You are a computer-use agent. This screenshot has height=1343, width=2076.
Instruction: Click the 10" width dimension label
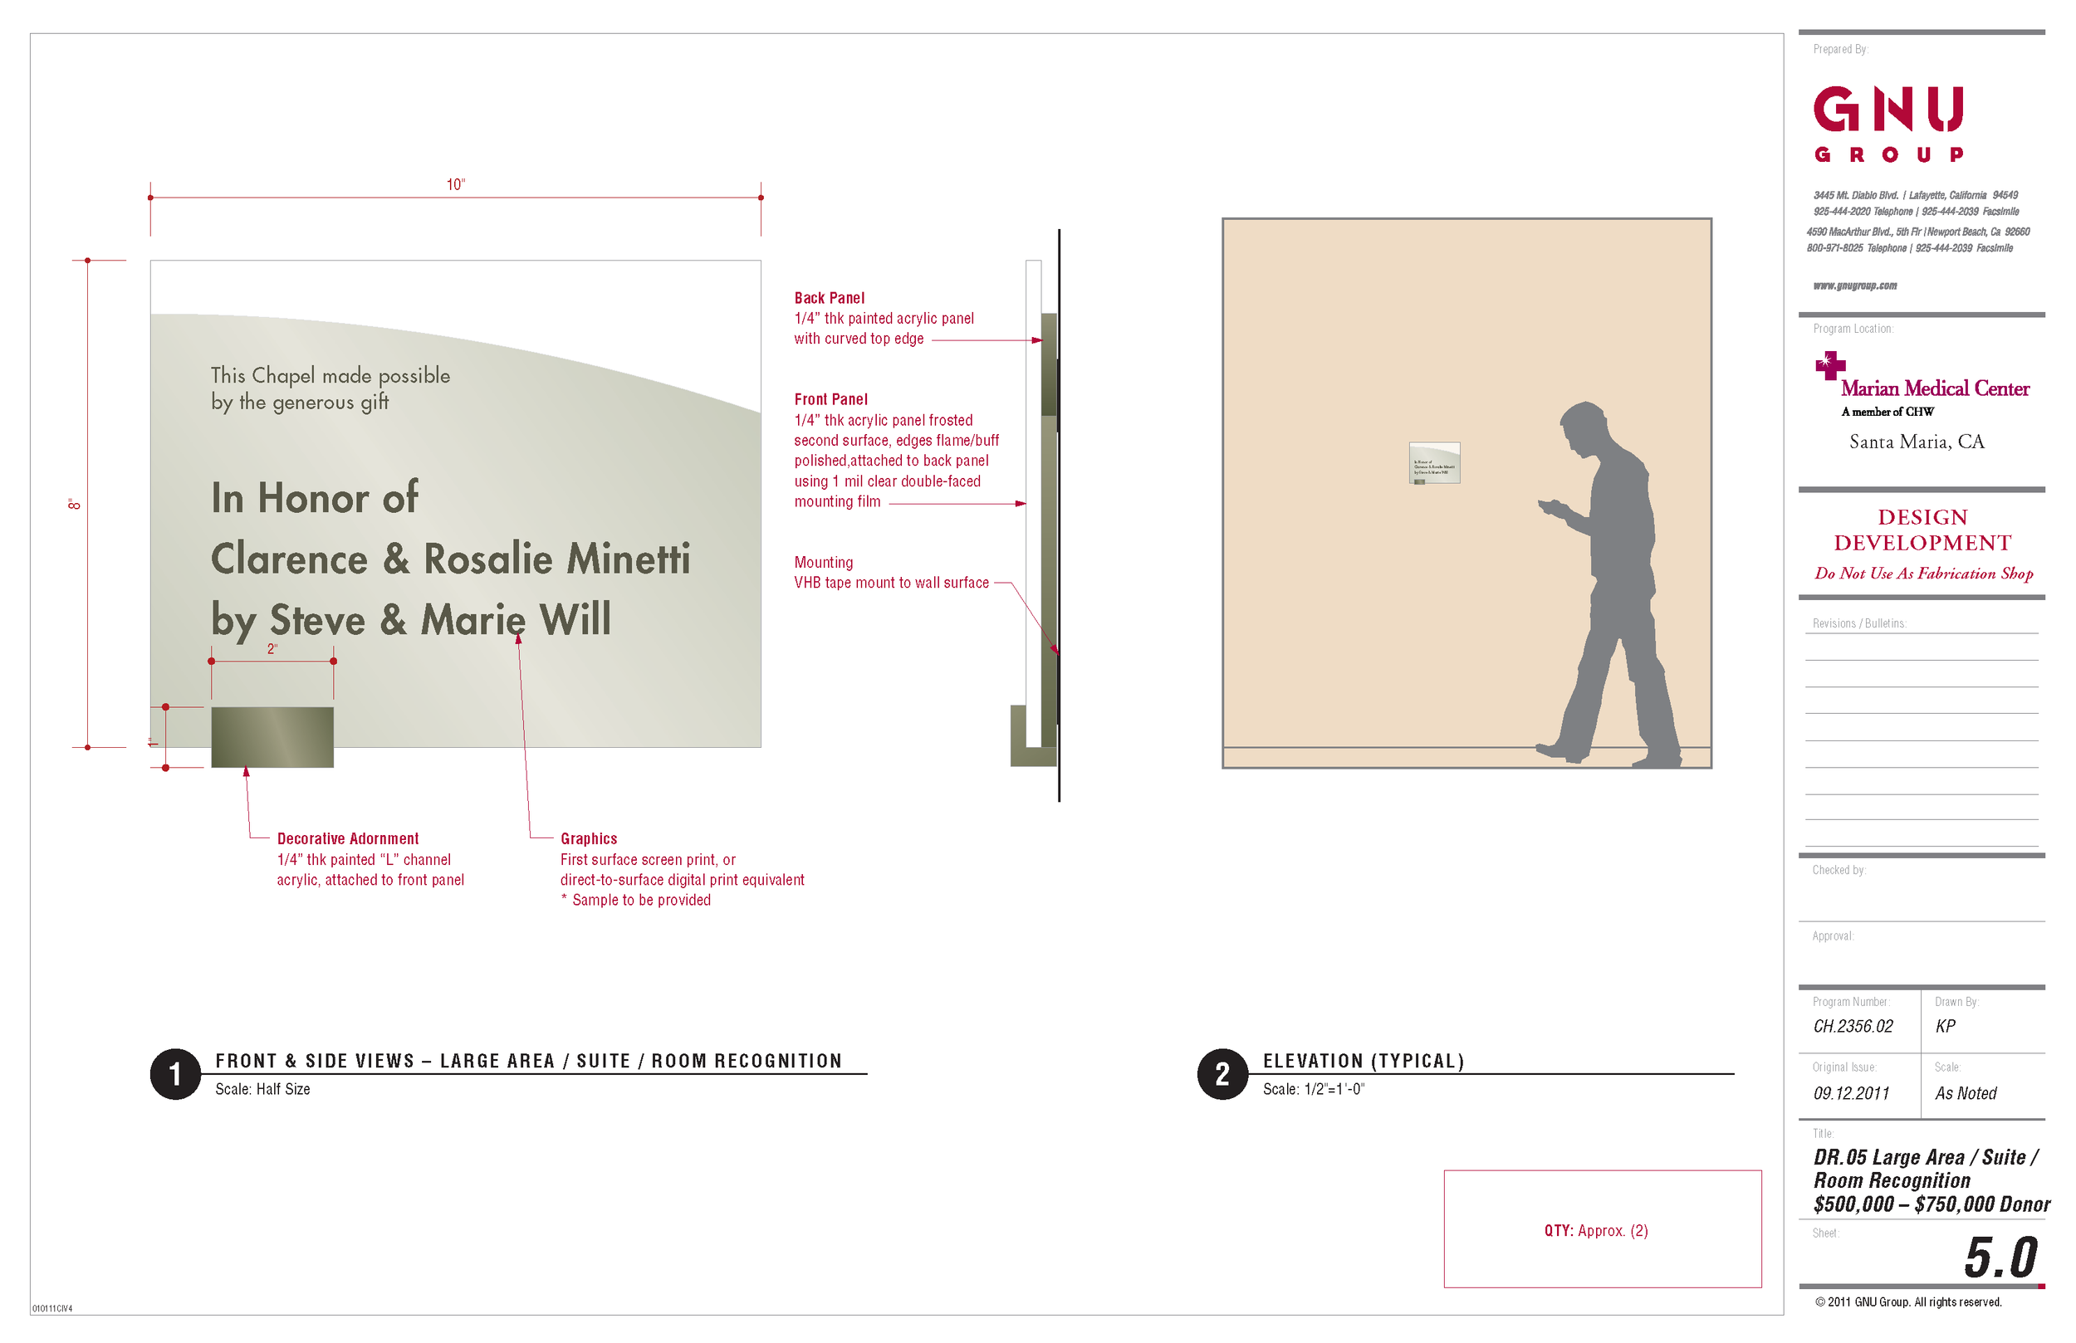pyautogui.click(x=455, y=185)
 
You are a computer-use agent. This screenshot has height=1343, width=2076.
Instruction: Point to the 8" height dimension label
pyautogui.click(x=75, y=504)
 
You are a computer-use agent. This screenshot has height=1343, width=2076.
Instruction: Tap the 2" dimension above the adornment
pyautogui.click(x=272, y=649)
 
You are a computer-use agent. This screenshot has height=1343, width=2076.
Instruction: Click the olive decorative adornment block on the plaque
pyautogui.click(x=272, y=737)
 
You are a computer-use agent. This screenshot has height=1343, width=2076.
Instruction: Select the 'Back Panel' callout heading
pyautogui.click(x=829, y=298)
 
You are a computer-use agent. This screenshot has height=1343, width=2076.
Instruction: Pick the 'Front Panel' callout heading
pyautogui.click(x=830, y=399)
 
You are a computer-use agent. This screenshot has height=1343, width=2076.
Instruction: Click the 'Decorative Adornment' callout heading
pyautogui.click(x=347, y=839)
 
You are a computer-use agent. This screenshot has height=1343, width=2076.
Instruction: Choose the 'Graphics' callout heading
pyautogui.click(x=589, y=839)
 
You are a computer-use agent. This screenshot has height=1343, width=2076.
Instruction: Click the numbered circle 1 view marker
pyautogui.click(x=175, y=1073)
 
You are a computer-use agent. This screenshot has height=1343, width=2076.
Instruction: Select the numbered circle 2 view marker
pyautogui.click(x=1222, y=1073)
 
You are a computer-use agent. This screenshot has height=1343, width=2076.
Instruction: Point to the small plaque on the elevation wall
pyautogui.click(x=1434, y=463)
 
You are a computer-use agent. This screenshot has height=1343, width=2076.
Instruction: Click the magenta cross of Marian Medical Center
pyautogui.click(x=1829, y=364)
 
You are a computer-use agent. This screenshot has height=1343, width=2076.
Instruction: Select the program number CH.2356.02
pyautogui.click(x=1853, y=1027)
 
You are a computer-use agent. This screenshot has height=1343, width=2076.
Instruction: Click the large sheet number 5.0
pyautogui.click(x=2000, y=1258)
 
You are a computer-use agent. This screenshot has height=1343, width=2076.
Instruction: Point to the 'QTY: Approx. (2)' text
pyautogui.click(x=1595, y=1230)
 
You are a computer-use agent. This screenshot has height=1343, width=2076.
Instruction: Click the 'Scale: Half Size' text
pyautogui.click(x=262, y=1089)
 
